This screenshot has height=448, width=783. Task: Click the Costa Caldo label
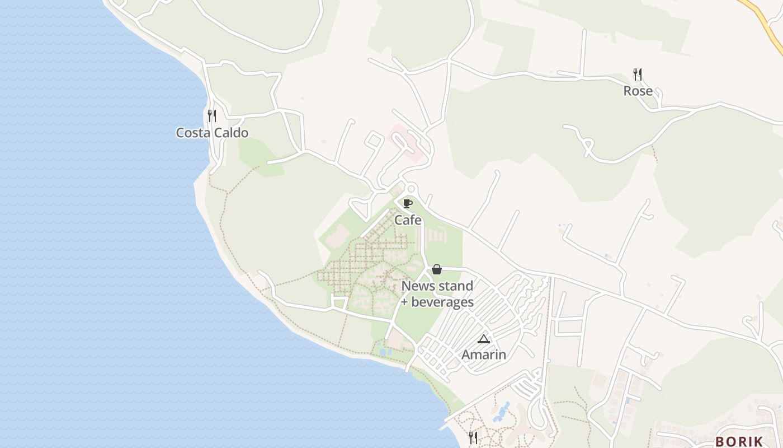point(212,133)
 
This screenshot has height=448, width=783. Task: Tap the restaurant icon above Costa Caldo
point(212,116)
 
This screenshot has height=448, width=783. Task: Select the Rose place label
point(638,91)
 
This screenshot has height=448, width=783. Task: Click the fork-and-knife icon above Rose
point(637,74)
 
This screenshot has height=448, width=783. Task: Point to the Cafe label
point(408,220)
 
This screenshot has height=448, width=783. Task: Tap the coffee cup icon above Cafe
point(408,203)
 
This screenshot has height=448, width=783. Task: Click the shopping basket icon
point(437,269)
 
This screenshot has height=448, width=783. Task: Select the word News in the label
point(418,286)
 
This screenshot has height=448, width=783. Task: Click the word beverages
point(442,302)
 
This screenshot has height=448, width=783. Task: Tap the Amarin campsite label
point(484,354)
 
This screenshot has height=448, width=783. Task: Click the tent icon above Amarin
point(484,339)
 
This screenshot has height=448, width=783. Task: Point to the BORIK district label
point(739,441)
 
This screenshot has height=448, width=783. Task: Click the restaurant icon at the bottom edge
point(473,437)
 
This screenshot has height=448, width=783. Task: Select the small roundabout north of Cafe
point(412,188)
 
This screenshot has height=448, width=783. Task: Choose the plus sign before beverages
point(405,303)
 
